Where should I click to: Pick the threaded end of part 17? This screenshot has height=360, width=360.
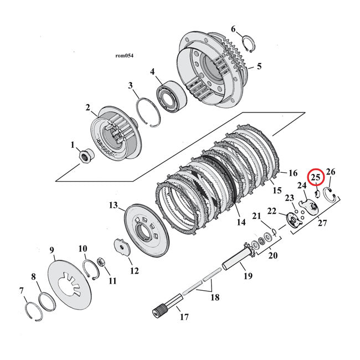click(x=161, y=309)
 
